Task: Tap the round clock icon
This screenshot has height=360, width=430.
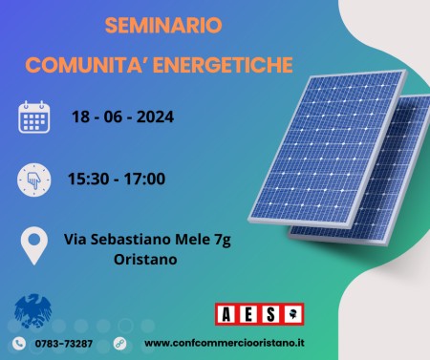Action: (33, 178)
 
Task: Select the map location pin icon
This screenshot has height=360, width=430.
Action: (34, 245)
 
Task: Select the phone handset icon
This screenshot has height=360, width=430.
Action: (18, 343)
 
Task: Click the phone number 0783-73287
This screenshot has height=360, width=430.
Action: (66, 343)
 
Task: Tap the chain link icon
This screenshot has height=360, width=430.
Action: (119, 343)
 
